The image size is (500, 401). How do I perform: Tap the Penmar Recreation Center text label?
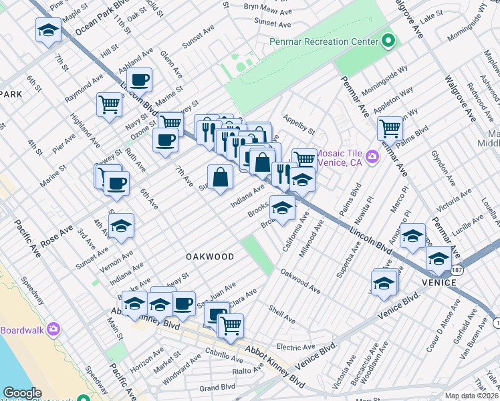pos(325,42)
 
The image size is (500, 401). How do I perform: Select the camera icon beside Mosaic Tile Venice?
pos(372,157)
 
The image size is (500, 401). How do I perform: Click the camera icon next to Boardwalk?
pos(53,329)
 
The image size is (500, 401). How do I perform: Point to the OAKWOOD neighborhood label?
pos(211,257)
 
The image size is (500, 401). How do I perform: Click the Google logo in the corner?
pos(23,393)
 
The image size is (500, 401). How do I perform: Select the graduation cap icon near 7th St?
pos(48,30)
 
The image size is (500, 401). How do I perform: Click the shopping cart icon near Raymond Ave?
pos(109,104)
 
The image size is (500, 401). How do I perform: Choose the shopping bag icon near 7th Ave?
pos(220,177)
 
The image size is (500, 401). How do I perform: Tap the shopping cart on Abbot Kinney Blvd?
pos(231,326)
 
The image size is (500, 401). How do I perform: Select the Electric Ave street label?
pos(295,347)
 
